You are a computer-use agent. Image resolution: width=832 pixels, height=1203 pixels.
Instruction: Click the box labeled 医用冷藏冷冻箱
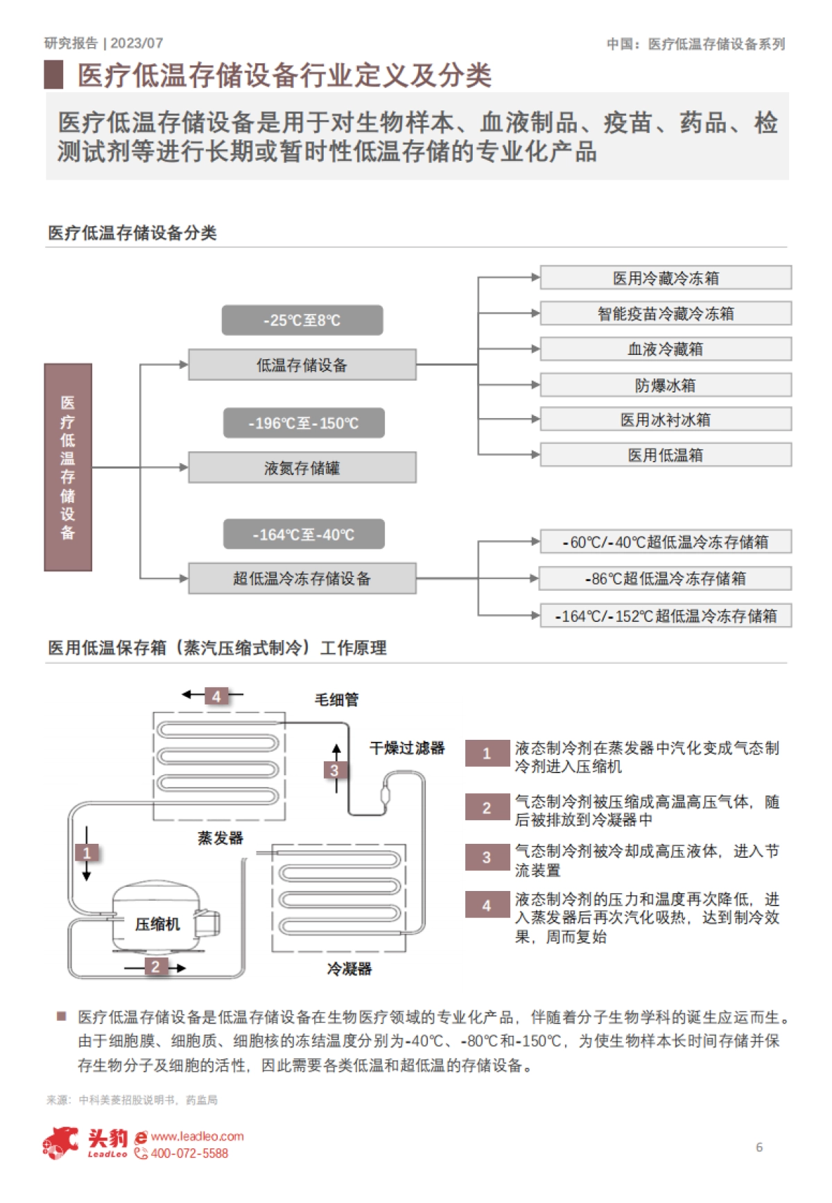click(666, 278)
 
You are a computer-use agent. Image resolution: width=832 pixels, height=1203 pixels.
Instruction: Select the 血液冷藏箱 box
click(666, 349)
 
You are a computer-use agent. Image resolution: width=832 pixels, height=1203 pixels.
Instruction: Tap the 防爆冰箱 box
click(666, 386)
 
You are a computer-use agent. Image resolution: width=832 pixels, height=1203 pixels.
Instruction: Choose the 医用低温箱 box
click(666, 456)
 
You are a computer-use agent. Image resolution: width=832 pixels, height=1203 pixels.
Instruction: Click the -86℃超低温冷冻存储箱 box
click(666, 579)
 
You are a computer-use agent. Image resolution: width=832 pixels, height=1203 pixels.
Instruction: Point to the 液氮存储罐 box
click(302, 468)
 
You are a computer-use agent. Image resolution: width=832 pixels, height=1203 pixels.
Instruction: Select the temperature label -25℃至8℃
click(302, 320)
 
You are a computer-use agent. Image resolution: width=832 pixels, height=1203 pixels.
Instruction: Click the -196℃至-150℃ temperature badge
click(304, 423)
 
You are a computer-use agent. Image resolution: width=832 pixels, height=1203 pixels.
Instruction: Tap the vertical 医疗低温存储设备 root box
click(68, 467)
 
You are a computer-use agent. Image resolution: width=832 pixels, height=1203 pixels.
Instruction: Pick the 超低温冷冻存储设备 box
click(302, 579)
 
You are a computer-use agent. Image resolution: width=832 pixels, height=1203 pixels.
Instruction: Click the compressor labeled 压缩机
click(157, 924)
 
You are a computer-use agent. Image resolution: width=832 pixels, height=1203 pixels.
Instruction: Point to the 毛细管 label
click(337, 700)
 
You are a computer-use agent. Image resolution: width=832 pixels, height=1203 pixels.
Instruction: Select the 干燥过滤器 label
click(407, 748)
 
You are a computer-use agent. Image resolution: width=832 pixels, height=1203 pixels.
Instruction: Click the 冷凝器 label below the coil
click(349, 969)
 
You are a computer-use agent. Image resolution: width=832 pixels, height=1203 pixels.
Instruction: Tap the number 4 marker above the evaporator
click(216, 696)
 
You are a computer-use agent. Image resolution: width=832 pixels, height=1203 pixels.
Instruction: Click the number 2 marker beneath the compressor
click(155, 967)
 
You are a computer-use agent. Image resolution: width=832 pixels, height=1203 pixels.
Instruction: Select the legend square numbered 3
click(487, 858)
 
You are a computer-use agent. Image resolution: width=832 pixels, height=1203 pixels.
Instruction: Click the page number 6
click(759, 1148)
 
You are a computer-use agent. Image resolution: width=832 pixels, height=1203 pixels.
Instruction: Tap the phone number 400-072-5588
click(189, 1154)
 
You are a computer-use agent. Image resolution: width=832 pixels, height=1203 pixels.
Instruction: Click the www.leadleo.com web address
click(198, 1136)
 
